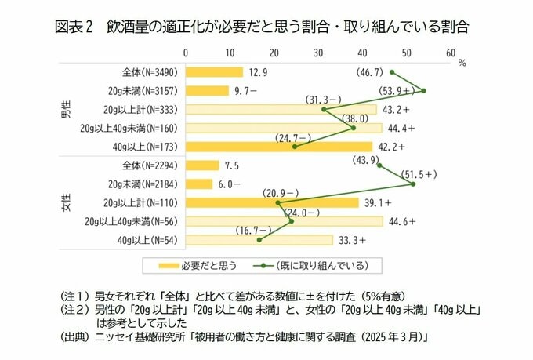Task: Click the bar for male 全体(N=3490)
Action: click(213, 71)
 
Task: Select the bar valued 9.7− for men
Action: click(206, 90)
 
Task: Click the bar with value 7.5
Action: click(201, 165)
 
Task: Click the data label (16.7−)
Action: click(252, 230)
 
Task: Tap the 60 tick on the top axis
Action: click(450, 53)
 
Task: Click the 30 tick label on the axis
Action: click(317, 53)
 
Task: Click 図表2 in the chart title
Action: click(74, 26)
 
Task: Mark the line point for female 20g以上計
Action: click(278, 203)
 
